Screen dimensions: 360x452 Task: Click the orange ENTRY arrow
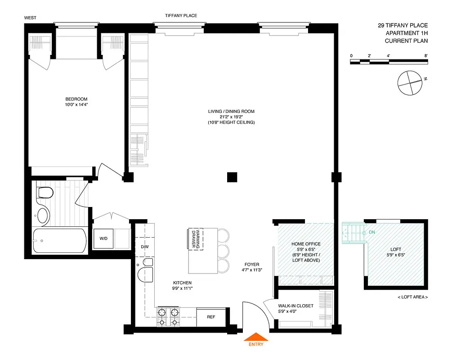[255, 337]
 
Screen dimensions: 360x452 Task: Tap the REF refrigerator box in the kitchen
[210, 317]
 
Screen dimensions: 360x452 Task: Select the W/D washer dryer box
[103, 238]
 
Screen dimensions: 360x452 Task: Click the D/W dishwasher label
[144, 247]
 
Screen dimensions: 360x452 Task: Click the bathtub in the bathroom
[59, 241]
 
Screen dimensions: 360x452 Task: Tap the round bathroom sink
[43, 215]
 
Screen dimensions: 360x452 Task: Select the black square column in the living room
[232, 177]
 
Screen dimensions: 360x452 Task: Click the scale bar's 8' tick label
[425, 55]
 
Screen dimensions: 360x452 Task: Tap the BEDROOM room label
[76, 99]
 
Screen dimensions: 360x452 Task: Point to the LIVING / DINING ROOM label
[231, 111]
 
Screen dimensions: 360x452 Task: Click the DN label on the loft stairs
[371, 232]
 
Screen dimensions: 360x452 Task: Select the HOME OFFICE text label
[306, 244]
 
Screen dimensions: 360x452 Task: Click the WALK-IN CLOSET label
[296, 306]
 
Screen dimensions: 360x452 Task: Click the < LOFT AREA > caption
[412, 297]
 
